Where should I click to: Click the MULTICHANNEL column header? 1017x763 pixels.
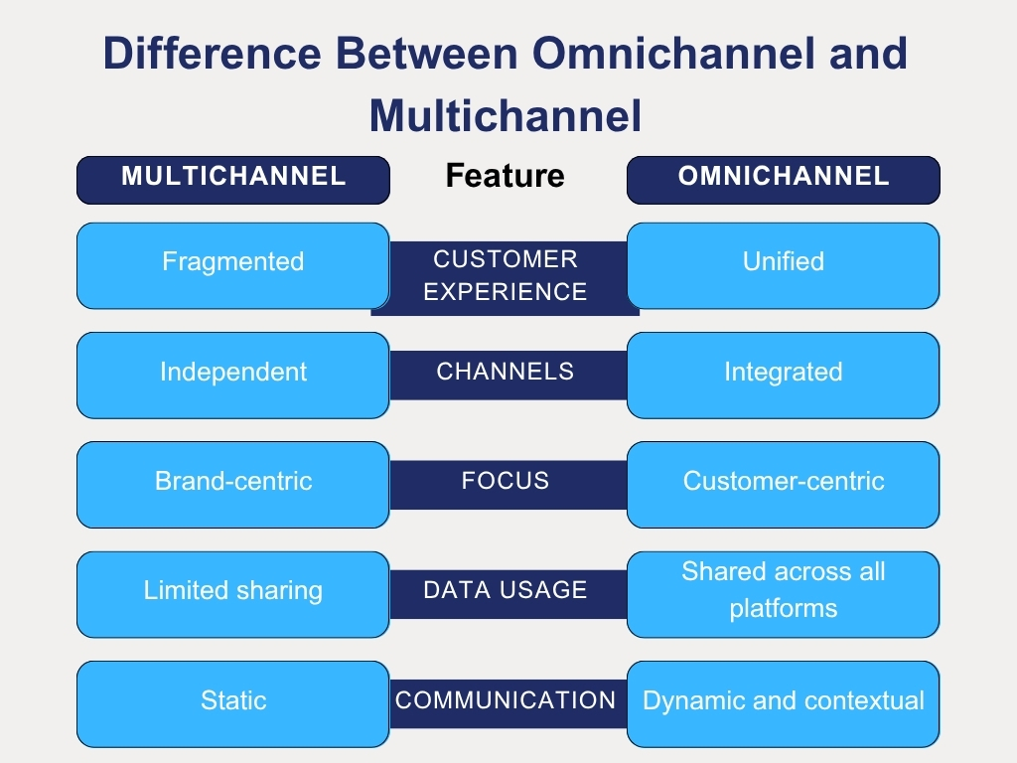click(233, 179)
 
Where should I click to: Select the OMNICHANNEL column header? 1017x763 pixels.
click(783, 179)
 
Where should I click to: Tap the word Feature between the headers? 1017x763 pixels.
click(505, 177)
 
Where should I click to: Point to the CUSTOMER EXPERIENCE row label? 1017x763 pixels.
click(506, 276)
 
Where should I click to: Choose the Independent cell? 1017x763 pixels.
click(233, 374)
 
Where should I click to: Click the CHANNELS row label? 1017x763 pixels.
click(506, 373)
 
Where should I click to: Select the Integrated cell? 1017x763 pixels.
click(783, 374)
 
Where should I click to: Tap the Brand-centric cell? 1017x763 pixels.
click(233, 483)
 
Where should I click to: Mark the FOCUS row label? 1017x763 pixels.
click(506, 482)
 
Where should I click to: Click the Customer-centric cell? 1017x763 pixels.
click(783, 483)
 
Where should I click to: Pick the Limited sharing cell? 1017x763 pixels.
click(233, 592)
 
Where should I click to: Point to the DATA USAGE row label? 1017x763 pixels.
click(506, 591)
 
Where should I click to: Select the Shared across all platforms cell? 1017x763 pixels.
click(783, 592)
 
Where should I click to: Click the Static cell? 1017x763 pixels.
click(233, 701)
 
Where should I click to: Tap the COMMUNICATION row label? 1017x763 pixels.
click(506, 700)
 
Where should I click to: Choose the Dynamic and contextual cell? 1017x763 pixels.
click(783, 701)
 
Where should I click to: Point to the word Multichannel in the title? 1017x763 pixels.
click(506, 117)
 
